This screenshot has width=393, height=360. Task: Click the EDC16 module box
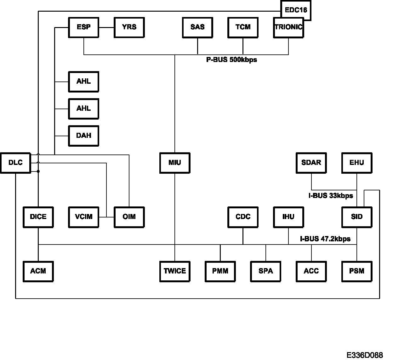click(x=296, y=10)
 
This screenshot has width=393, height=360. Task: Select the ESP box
click(x=83, y=27)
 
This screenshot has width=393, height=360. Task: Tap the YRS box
click(x=129, y=27)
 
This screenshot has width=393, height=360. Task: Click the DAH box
click(x=83, y=136)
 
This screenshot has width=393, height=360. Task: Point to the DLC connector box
click(x=15, y=163)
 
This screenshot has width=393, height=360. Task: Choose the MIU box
click(x=175, y=163)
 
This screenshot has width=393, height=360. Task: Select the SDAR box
click(x=311, y=163)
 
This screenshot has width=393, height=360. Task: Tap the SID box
click(x=357, y=217)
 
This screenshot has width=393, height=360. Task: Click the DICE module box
click(x=38, y=217)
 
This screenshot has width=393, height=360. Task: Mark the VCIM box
click(x=83, y=217)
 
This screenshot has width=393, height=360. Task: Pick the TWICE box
click(x=175, y=271)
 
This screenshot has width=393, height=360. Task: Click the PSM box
click(x=357, y=271)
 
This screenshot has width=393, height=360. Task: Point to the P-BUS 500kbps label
click(x=231, y=60)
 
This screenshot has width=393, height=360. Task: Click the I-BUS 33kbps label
click(x=331, y=195)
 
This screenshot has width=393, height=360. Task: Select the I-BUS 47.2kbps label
click(x=325, y=239)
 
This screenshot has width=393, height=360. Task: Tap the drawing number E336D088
click(x=365, y=355)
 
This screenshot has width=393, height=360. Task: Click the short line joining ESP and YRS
click(x=106, y=27)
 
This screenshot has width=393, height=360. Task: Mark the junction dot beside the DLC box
click(x=38, y=171)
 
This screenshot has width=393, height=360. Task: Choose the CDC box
click(x=243, y=217)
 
